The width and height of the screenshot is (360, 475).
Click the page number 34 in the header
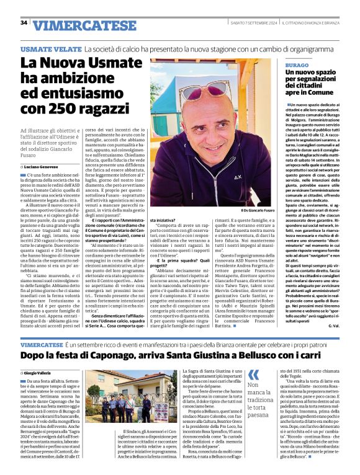[x=24, y=23]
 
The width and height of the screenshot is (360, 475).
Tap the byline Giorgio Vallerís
[x=42, y=372]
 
